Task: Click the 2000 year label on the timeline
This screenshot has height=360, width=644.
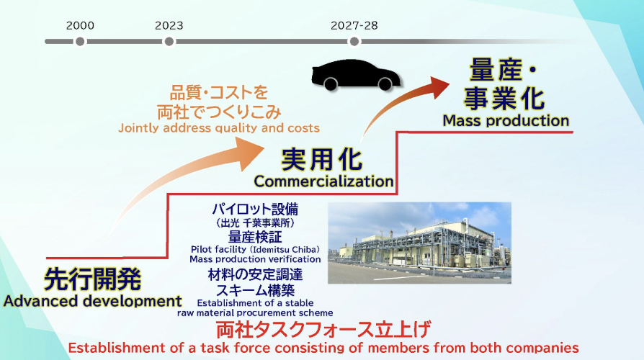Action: (x=80, y=25)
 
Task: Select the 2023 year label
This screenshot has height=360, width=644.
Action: (x=169, y=25)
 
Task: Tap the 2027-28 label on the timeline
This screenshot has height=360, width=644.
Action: (x=354, y=25)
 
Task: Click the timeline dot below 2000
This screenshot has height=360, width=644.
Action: (x=80, y=42)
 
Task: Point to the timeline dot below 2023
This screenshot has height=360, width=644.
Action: (x=169, y=42)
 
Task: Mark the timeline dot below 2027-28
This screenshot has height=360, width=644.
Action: (x=354, y=42)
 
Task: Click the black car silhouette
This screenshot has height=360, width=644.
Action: (x=356, y=74)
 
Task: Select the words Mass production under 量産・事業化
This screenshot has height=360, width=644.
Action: (x=506, y=121)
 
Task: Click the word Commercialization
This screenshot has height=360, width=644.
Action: (x=323, y=181)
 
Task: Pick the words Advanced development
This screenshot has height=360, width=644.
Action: (x=92, y=301)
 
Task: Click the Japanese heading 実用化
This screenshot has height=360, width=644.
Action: (x=321, y=159)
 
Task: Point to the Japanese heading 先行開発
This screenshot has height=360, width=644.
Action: (x=92, y=279)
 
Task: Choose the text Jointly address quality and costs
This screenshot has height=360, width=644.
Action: (x=219, y=128)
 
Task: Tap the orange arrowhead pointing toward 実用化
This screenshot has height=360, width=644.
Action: (x=251, y=154)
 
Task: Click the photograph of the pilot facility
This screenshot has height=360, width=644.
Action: (x=419, y=243)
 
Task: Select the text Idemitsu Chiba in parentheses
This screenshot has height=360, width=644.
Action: (x=285, y=250)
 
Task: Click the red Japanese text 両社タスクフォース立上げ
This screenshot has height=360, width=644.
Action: (x=323, y=330)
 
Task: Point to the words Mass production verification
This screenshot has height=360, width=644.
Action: (x=255, y=259)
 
